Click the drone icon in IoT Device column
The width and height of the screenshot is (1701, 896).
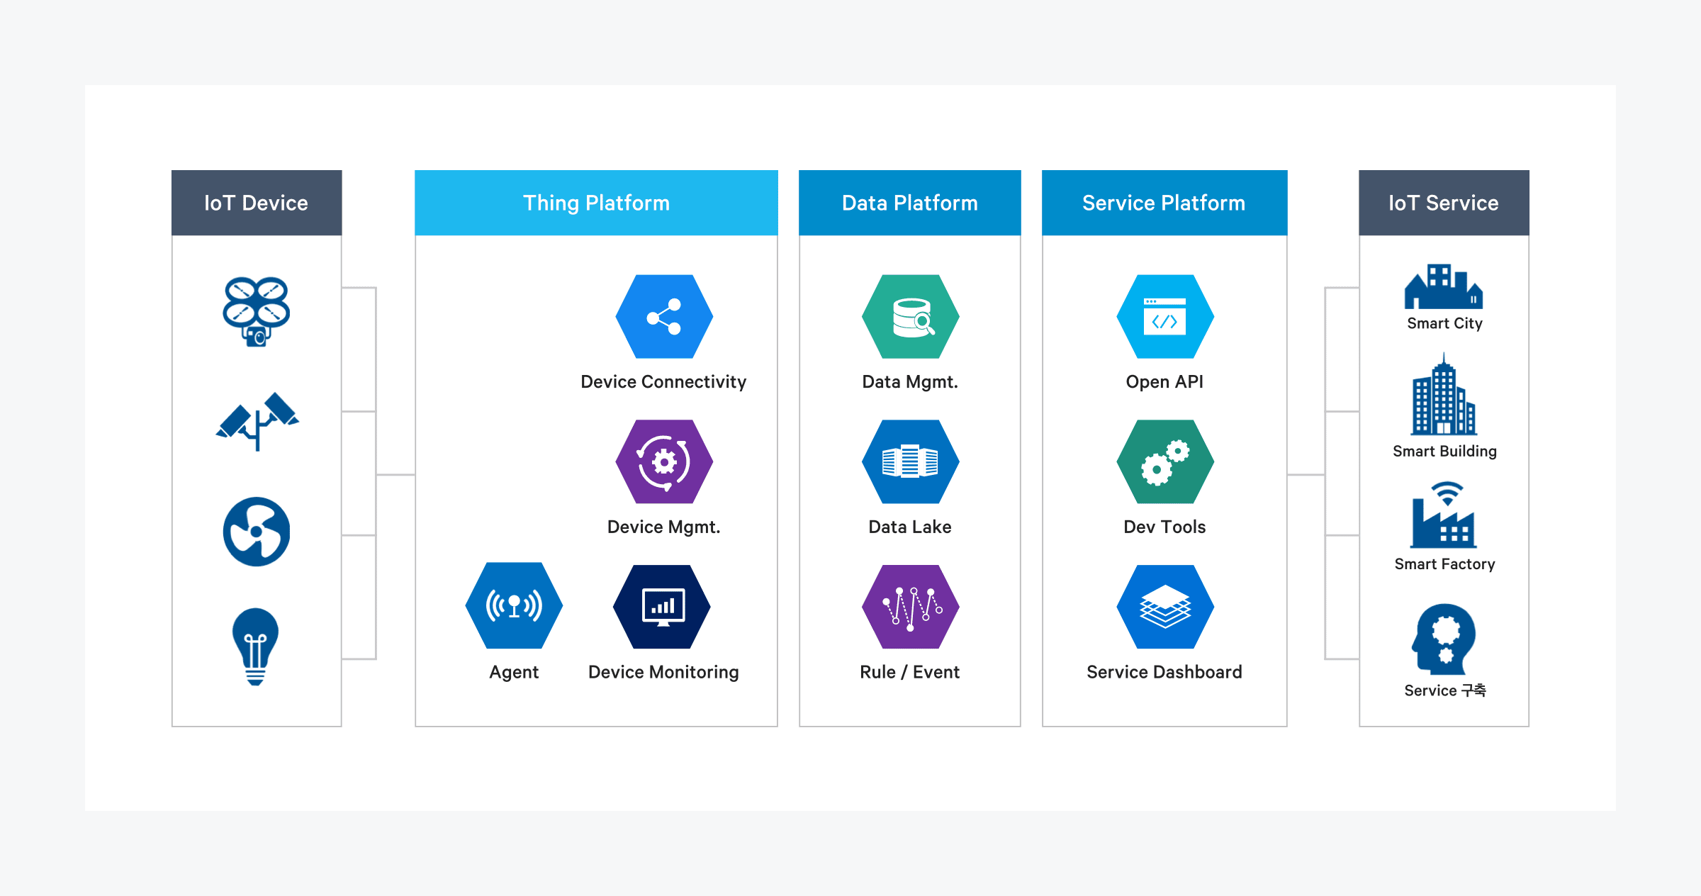[x=256, y=310]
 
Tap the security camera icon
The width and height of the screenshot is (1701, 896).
[x=257, y=420]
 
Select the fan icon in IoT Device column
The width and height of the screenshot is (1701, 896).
[x=257, y=532]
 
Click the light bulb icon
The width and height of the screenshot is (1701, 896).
[x=256, y=646]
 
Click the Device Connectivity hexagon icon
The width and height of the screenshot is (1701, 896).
[x=664, y=317]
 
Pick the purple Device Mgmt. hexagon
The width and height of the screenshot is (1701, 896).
[x=664, y=462]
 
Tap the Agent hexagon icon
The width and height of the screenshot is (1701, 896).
[x=514, y=606]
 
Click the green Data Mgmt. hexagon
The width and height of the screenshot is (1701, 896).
[x=910, y=317]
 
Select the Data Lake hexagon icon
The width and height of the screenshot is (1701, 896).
[x=910, y=462]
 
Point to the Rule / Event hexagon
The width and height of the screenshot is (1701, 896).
[x=910, y=607]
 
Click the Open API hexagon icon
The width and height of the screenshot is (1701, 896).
[x=1164, y=317]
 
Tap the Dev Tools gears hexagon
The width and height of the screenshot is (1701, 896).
[x=1164, y=462]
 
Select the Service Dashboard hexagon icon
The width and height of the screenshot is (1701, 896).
[x=1164, y=607]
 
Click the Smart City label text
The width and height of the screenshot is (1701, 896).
[x=1444, y=324]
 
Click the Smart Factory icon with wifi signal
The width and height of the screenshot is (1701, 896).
[x=1444, y=515]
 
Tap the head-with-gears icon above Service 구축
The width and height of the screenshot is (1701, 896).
[x=1444, y=639]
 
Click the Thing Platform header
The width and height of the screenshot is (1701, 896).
[x=596, y=203]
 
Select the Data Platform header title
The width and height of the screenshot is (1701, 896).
[x=909, y=203]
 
